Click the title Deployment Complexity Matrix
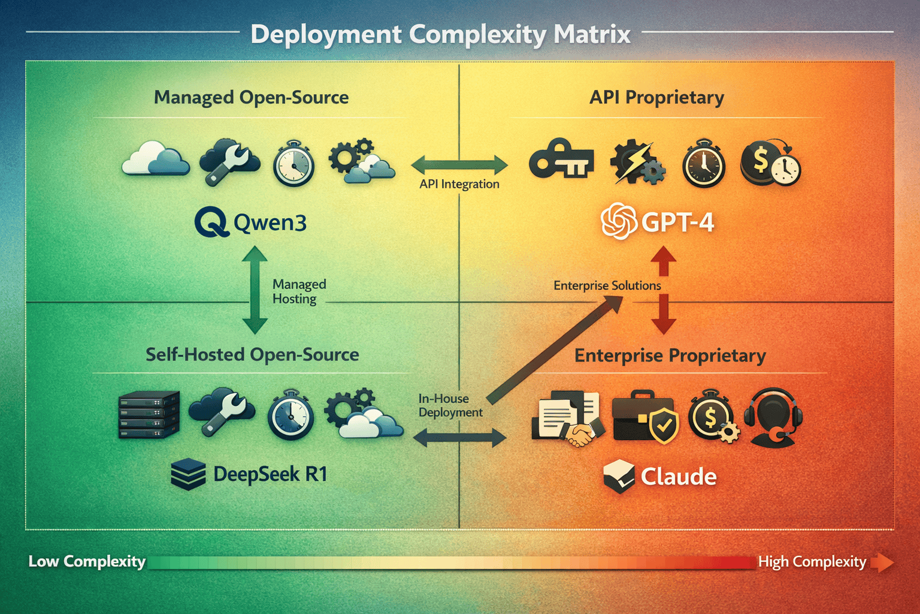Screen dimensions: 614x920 click(440, 34)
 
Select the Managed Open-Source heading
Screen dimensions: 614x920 click(251, 97)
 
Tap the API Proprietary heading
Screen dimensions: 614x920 click(656, 97)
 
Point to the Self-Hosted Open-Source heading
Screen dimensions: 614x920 click(252, 354)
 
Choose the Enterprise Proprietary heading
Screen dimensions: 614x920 click(670, 356)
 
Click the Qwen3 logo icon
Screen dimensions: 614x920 click(211, 222)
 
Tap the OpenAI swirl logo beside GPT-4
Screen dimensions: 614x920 click(619, 222)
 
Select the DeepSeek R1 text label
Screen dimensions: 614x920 click(270, 474)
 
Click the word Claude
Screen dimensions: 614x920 click(679, 477)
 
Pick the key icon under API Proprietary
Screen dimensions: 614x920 click(561, 160)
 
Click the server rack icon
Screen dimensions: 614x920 click(149, 414)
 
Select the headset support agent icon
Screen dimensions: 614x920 click(773, 417)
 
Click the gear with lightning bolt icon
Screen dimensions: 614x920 click(637, 162)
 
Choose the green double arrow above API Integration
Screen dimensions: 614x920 click(459, 164)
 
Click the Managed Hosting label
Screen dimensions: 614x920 click(299, 291)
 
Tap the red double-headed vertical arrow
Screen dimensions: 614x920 click(664, 291)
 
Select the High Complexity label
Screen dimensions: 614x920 click(812, 562)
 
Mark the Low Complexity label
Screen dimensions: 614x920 click(87, 561)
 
